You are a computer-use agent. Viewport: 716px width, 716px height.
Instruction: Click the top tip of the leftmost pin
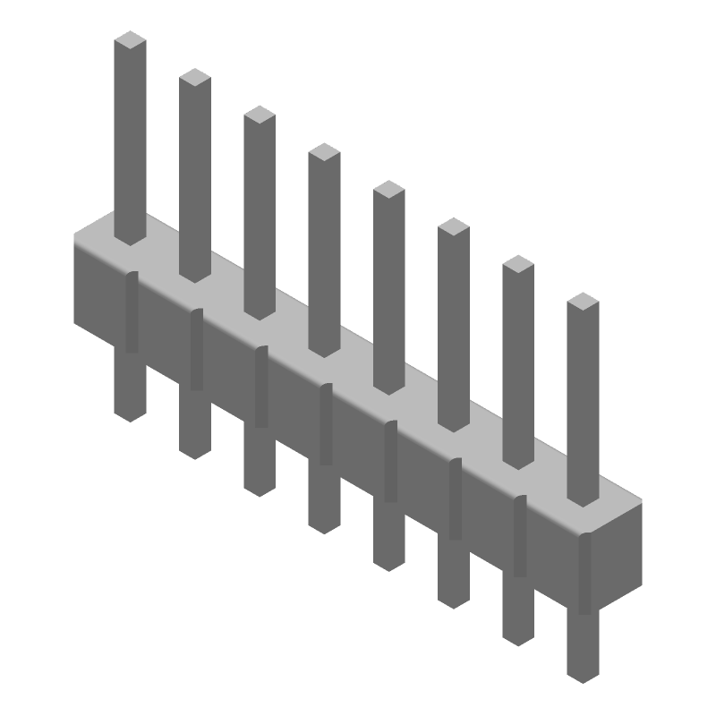click(x=131, y=39)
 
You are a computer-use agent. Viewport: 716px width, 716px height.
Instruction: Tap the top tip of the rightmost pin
click(x=583, y=301)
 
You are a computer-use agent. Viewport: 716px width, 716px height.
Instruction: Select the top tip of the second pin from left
click(x=195, y=77)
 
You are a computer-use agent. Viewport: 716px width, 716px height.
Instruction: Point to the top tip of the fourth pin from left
click(x=324, y=152)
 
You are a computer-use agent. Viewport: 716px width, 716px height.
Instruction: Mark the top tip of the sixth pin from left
click(x=454, y=226)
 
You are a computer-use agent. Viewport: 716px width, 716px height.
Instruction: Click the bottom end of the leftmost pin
click(x=131, y=413)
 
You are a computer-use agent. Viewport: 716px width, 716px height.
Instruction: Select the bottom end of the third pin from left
click(x=260, y=488)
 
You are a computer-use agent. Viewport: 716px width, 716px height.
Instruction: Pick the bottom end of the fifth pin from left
click(x=388, y=563)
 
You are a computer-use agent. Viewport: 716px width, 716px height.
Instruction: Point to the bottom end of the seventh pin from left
click(x=518, y=637)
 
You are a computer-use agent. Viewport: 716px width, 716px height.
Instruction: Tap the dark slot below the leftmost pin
click(x=132, y=313)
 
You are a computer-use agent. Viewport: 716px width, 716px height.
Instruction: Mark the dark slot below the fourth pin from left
click(x=326, y=425)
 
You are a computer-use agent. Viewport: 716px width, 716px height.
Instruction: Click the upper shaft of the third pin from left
click(x=260, y=215)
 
